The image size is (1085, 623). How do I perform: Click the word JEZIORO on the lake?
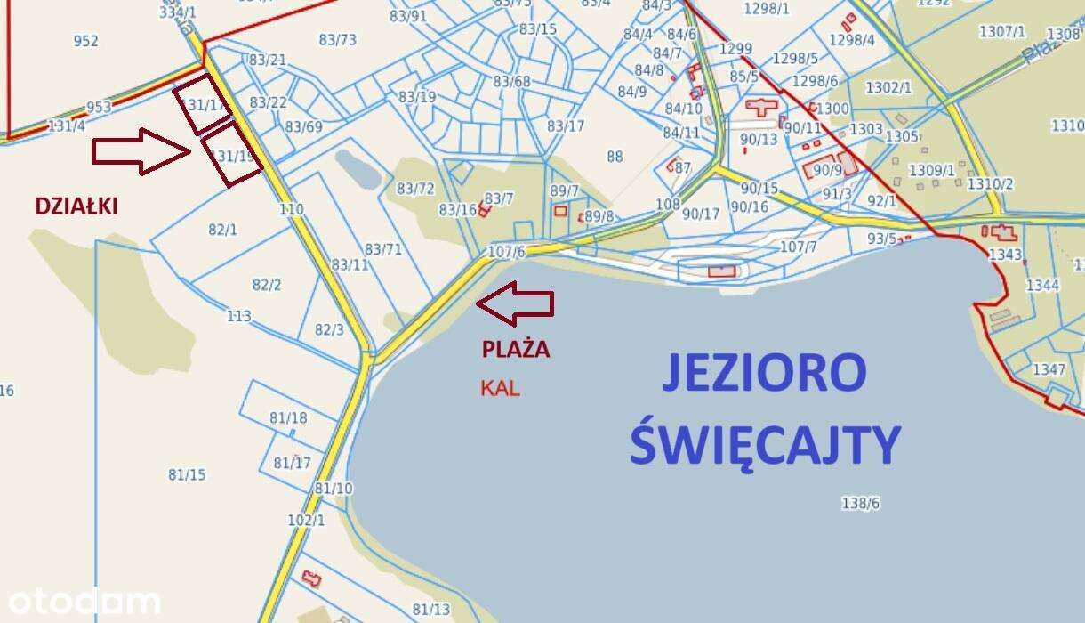pos(764,374)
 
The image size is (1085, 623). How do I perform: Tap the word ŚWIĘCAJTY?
pos(765,444)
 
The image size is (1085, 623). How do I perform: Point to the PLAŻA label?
pos(516,350)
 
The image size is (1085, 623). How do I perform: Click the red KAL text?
pos(500,388)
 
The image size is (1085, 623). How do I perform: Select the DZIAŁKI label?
pos(76,206)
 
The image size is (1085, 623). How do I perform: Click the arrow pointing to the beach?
pos(515,303)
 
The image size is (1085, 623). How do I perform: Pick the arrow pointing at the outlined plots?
pos(141,151)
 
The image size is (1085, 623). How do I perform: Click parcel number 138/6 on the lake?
pos(860,503)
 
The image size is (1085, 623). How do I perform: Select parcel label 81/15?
pos(187,474)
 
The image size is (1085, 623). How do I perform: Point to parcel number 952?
pos(87,41)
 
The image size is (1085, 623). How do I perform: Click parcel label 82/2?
pos(267,285)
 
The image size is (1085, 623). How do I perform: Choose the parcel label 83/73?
pos(337,39)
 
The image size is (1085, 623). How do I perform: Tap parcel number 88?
pos(615,157)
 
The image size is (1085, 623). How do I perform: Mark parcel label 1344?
pos(1042,286)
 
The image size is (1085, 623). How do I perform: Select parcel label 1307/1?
pos(1002,32)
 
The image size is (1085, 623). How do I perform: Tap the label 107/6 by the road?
pos(507,252)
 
